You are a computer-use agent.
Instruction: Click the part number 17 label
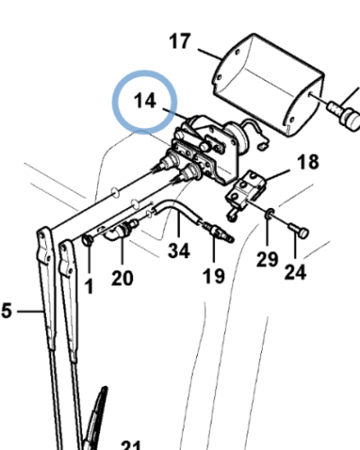tap(180, 41)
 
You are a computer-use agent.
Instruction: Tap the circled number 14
tap(145, 101)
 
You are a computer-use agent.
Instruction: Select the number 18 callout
tap(308, 162)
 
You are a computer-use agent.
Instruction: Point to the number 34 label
tap(179, 251)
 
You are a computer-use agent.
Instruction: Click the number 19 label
tap(213, 276)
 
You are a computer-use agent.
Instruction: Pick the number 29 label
tap(267, 259)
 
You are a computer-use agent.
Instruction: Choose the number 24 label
tap(295, 272)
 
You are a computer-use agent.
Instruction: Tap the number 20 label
tap(122, 278)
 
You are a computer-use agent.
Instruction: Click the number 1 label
tap(89, 286)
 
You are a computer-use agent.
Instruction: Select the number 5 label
tap(6, 310)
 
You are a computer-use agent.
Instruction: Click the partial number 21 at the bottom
tap(131, 445)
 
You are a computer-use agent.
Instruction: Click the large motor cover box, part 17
tap(268, 85)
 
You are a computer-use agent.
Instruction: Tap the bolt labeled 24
tap(299, 231)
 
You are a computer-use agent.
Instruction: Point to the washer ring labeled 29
tap(269, 213)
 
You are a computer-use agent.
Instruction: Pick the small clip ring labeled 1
tap(87, 239)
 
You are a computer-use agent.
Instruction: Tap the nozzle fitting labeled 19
tap(218, 231)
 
